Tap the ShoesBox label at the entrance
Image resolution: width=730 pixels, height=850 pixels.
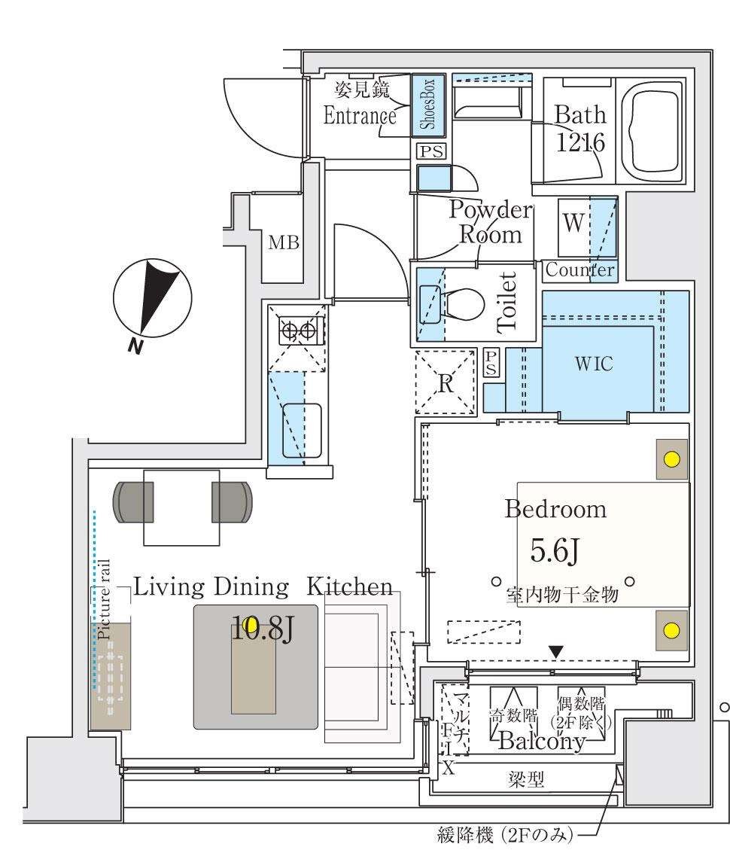(428, 105)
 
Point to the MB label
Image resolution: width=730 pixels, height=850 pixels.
(284, 243)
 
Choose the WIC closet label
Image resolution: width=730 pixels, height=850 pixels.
(594, 364)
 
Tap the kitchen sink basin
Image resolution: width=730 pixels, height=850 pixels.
(302, 430)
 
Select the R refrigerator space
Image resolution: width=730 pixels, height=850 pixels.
(446, 383)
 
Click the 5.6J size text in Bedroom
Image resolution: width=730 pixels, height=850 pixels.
(555, 553)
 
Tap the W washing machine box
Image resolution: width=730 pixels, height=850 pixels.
(573, 225)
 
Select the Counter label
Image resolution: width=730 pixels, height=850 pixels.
(579, 270)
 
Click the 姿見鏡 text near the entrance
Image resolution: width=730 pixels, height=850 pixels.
(361, 91)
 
